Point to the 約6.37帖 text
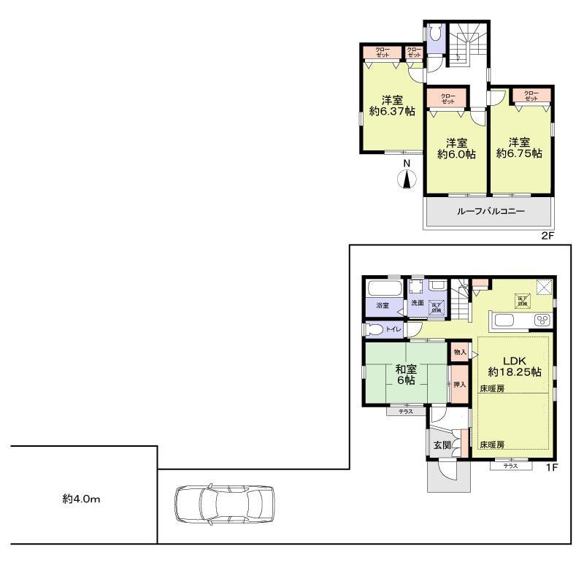391,112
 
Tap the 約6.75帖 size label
519,153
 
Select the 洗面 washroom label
417,304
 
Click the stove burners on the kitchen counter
542,320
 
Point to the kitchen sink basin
504,320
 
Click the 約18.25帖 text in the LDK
515,372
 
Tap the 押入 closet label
458,384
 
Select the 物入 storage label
459,353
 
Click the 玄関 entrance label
442,445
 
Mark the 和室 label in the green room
407,369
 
